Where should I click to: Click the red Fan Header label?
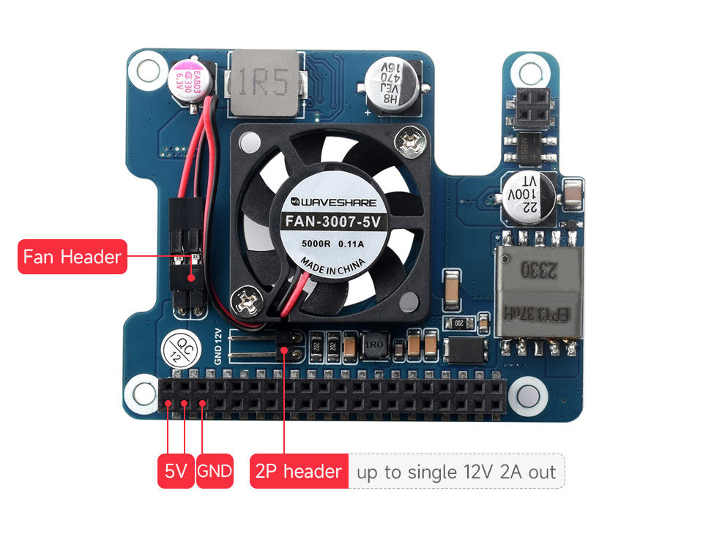pyautogui.click(x=72, y=257)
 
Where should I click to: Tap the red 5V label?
pyautogui.click(x=176, y=472)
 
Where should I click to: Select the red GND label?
pyautogui.click(x=215, y=472)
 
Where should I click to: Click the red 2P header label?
pyautogui.click(x=298, y=472)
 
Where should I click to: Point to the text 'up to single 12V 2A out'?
pyautogui.click(x=456, y=472)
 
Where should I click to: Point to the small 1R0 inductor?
pyautogui.click(x=373, y=346)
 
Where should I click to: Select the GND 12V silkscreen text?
pyautogui.click(x=217, y=346)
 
